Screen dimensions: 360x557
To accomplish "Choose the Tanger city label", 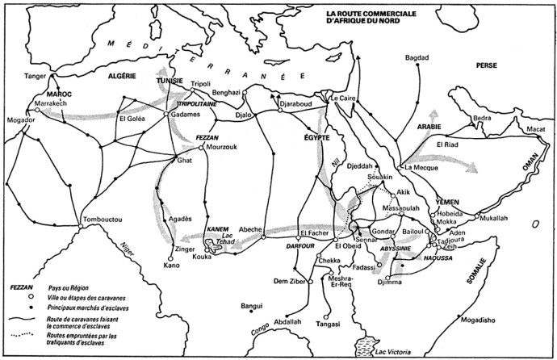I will [x=36, y=76].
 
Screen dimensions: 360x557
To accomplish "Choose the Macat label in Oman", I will [x=536, y=128].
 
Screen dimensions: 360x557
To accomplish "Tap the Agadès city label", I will [x=180, y=219].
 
